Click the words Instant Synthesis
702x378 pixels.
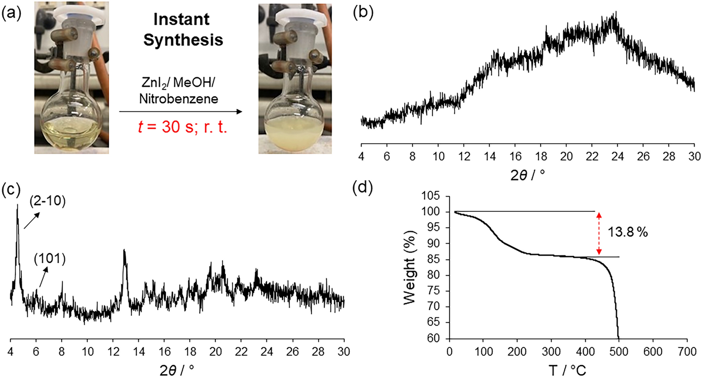(183, 29)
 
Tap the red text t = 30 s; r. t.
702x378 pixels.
(183, 127)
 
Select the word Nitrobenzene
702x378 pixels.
(178, 99)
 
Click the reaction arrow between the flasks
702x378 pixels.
(181, 112)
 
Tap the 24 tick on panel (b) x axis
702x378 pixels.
(617, 156)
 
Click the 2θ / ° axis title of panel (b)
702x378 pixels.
(528, 175)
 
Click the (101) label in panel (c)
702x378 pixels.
(50, 259)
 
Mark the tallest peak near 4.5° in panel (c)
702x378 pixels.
(17, 206)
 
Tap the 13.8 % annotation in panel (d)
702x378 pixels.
(627, 232)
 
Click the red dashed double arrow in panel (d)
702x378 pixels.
(599, 233)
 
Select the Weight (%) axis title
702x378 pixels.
(409, 268)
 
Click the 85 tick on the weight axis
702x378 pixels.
(432, 259)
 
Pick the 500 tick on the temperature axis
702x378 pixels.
(619, 351)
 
